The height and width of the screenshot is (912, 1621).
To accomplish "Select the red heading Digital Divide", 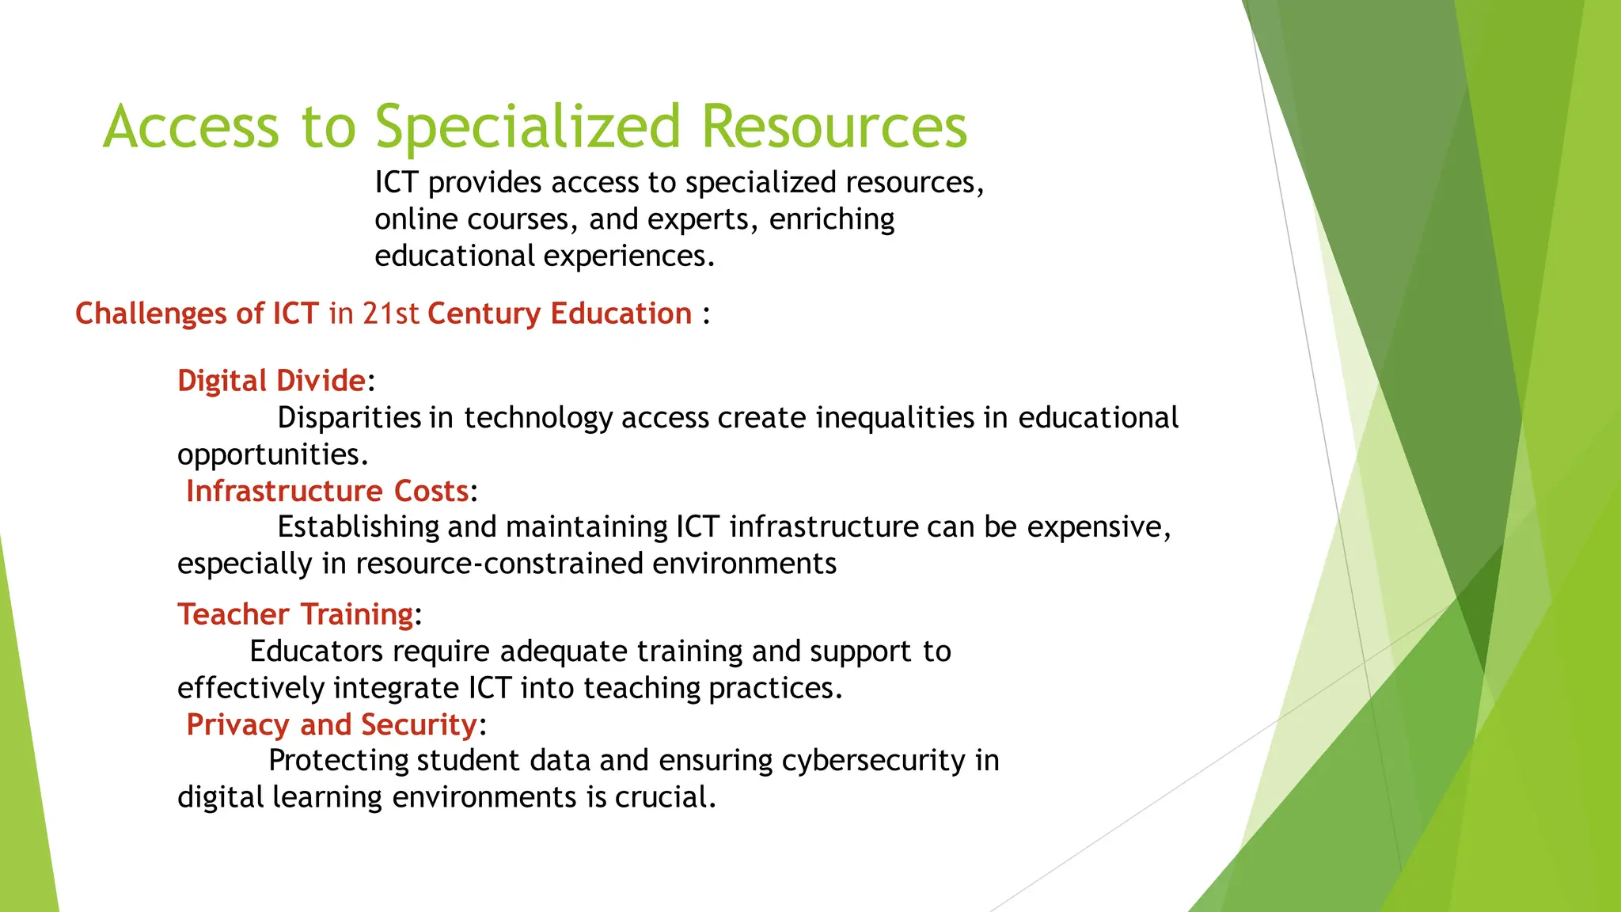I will coord(271,381).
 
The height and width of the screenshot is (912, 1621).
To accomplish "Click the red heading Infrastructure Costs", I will coord(328,491).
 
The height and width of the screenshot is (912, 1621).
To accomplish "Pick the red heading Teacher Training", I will coord(295,614).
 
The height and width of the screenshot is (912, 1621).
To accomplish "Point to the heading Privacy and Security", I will coord(332,724).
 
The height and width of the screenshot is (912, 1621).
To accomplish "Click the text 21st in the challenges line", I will coord(390,313).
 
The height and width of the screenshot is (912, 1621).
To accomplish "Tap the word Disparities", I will coord(349,417).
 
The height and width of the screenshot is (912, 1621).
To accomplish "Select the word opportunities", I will coord(272,454).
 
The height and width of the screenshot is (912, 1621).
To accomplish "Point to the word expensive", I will coord(1098,526).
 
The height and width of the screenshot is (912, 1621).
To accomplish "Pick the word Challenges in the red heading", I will coord(150,313).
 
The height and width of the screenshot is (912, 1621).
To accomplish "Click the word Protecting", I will coord(339,760).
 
